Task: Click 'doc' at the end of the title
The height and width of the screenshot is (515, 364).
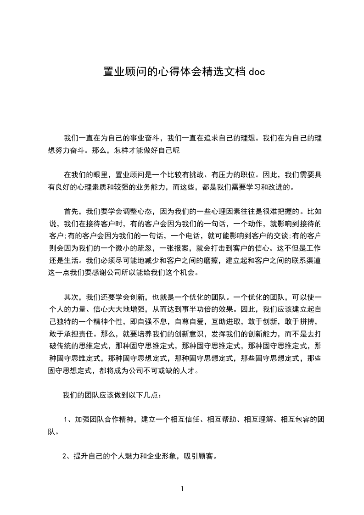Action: coord(256,72)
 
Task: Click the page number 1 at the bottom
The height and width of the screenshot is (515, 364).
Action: coord(182,488)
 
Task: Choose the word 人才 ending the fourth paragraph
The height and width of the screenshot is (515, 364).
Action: coord(188,370)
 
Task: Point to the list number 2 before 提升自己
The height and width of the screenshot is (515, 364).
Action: coord(64,457)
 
